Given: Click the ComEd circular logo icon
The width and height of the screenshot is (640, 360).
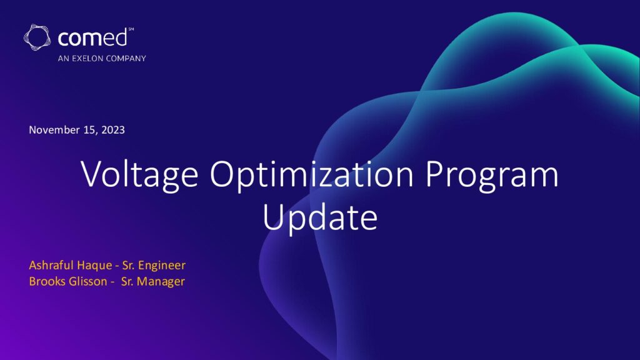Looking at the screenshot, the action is (x=37, y=37).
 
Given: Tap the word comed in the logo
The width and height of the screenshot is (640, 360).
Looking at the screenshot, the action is (x=92, y=38).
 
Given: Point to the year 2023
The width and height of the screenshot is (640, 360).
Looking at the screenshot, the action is (x=113, y=130).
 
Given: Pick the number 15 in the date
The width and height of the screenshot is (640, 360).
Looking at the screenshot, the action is (x=90, y=130).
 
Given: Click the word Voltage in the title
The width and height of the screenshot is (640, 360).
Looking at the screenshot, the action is (x=139, y=174).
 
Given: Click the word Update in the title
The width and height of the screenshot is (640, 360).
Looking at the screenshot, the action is (x=320, y=217).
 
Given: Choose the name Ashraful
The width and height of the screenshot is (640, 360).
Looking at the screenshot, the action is (x=51, y=265).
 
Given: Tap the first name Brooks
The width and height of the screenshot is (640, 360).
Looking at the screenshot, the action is (x=45, y=281).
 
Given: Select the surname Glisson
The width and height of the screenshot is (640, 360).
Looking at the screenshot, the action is (x=86, y=281).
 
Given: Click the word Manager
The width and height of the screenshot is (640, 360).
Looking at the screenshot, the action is (x=161, y=282).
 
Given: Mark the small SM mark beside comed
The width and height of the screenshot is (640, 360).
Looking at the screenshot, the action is (x=131, y=29).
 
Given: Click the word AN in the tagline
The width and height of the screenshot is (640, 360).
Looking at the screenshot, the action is (x=63, y=58).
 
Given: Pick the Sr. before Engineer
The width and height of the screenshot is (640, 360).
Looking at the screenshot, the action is (x=128, y=265).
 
